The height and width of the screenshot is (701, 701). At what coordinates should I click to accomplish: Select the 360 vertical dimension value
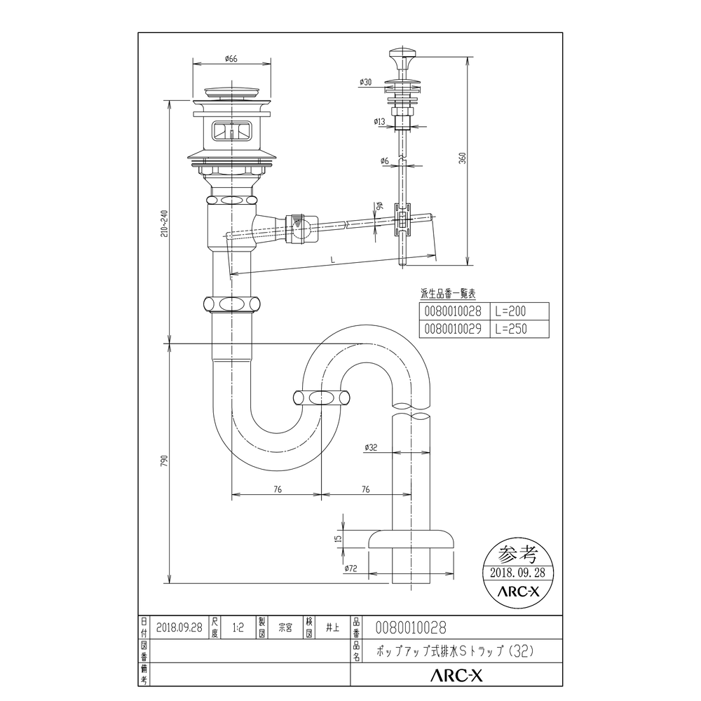coord(463,158)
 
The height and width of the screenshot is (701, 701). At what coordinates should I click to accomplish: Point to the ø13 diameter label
coord(379,122)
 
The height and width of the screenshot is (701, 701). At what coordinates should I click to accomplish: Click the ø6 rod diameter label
coord(384,162)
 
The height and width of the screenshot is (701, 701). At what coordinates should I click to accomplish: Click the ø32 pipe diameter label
coord(371,447)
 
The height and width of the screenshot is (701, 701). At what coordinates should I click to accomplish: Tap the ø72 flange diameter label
coord(351,569)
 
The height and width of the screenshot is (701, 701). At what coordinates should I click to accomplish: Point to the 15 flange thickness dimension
coord(338,538)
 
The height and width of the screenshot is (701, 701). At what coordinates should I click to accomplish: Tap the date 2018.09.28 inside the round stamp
coord(519,572)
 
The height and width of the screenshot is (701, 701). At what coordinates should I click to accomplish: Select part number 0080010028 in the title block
coord(411,628)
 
